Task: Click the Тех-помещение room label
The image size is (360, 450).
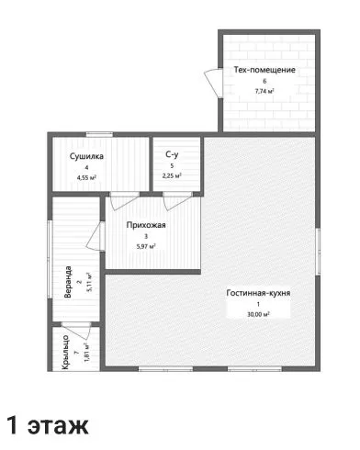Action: click(264, 70)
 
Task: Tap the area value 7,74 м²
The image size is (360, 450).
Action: click(264, 91)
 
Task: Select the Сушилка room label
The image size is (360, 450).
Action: click(86, 156)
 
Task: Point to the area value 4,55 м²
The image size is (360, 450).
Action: click(87, 177)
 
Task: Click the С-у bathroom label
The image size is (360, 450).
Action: click(172, 154)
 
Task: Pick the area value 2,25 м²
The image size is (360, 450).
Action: click(172, 175)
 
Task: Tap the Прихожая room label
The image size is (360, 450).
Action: click(146, 225)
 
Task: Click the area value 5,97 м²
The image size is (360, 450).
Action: click(146, 246)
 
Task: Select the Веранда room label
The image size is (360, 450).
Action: click(68, 282)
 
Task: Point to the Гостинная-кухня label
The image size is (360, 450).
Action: click(258, 293)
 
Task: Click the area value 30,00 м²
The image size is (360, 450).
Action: click(258, 314)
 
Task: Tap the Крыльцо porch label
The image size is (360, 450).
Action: click(65, 353)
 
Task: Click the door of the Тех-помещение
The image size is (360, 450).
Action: click(213, 84)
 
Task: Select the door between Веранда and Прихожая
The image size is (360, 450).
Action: click(96, 236)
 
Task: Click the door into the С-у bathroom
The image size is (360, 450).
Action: click(177, 201)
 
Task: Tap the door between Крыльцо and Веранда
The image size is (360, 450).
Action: click(75, 331)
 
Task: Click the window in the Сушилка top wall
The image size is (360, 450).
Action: click(99, 134)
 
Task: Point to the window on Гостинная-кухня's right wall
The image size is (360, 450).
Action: click(318, 252)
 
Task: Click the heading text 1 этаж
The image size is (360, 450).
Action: click(48, 425)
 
